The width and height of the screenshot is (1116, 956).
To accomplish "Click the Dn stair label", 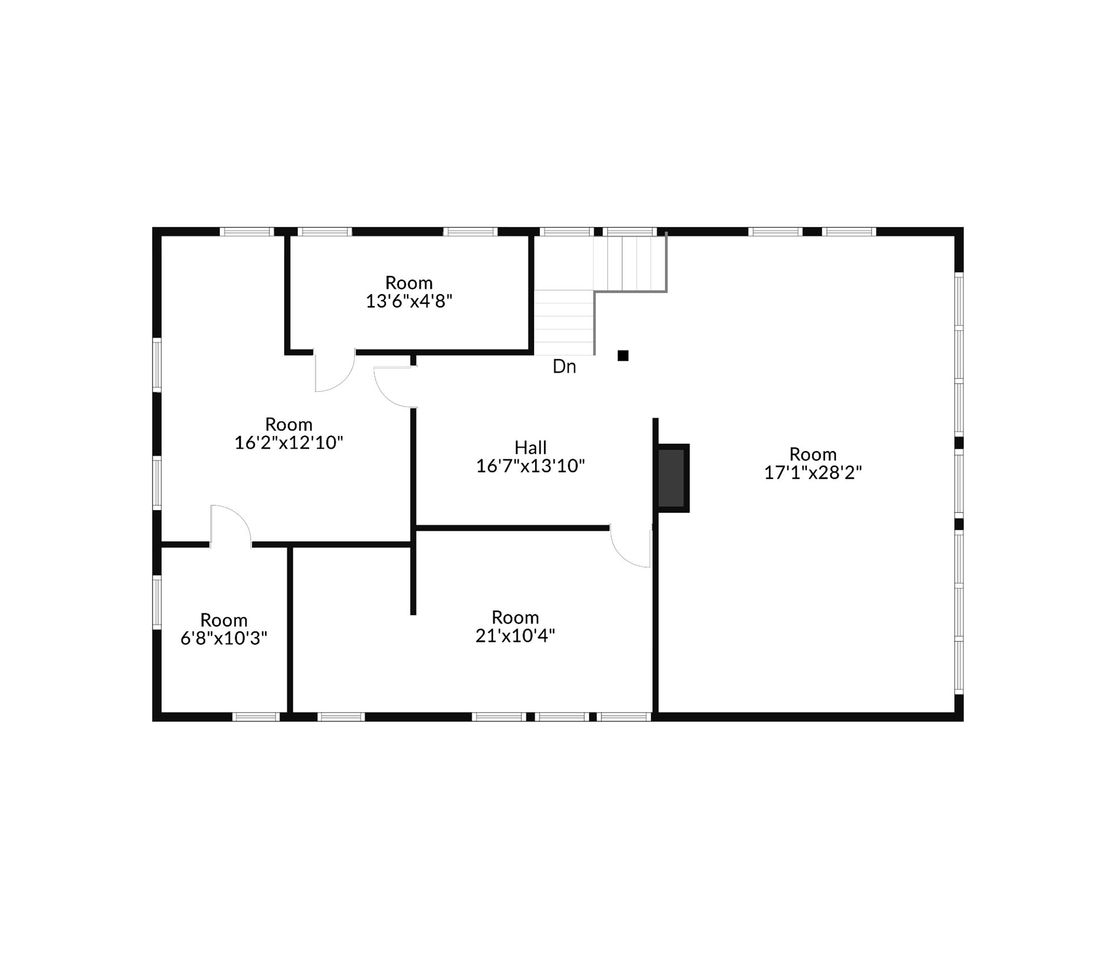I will coord(564,367).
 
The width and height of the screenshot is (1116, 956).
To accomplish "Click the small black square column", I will coord(623,356).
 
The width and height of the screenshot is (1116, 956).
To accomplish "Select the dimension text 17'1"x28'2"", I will coord(812,473).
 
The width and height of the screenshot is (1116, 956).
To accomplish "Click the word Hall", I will coord(530,447).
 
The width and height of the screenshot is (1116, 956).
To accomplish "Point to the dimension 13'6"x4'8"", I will coord(408,301).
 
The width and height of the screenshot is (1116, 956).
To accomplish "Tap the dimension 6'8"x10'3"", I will coord(224,638).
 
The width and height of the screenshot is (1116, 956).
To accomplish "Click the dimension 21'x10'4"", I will coord(515,635).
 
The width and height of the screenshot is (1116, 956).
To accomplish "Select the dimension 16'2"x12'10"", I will coord(288,443).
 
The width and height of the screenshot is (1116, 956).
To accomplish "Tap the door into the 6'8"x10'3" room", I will coord(230,525).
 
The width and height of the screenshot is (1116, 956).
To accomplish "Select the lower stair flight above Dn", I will coord(564,322).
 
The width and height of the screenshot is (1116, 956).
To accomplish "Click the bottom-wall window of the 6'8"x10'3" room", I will coord(256,717).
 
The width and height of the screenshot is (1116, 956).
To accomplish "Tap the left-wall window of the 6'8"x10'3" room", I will coord(157,602).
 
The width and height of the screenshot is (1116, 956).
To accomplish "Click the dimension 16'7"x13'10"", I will coord(530,466).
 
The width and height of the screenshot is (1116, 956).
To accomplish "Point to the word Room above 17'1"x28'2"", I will coord(812,454).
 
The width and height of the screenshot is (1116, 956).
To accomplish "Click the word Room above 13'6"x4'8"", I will coord(408,282).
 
